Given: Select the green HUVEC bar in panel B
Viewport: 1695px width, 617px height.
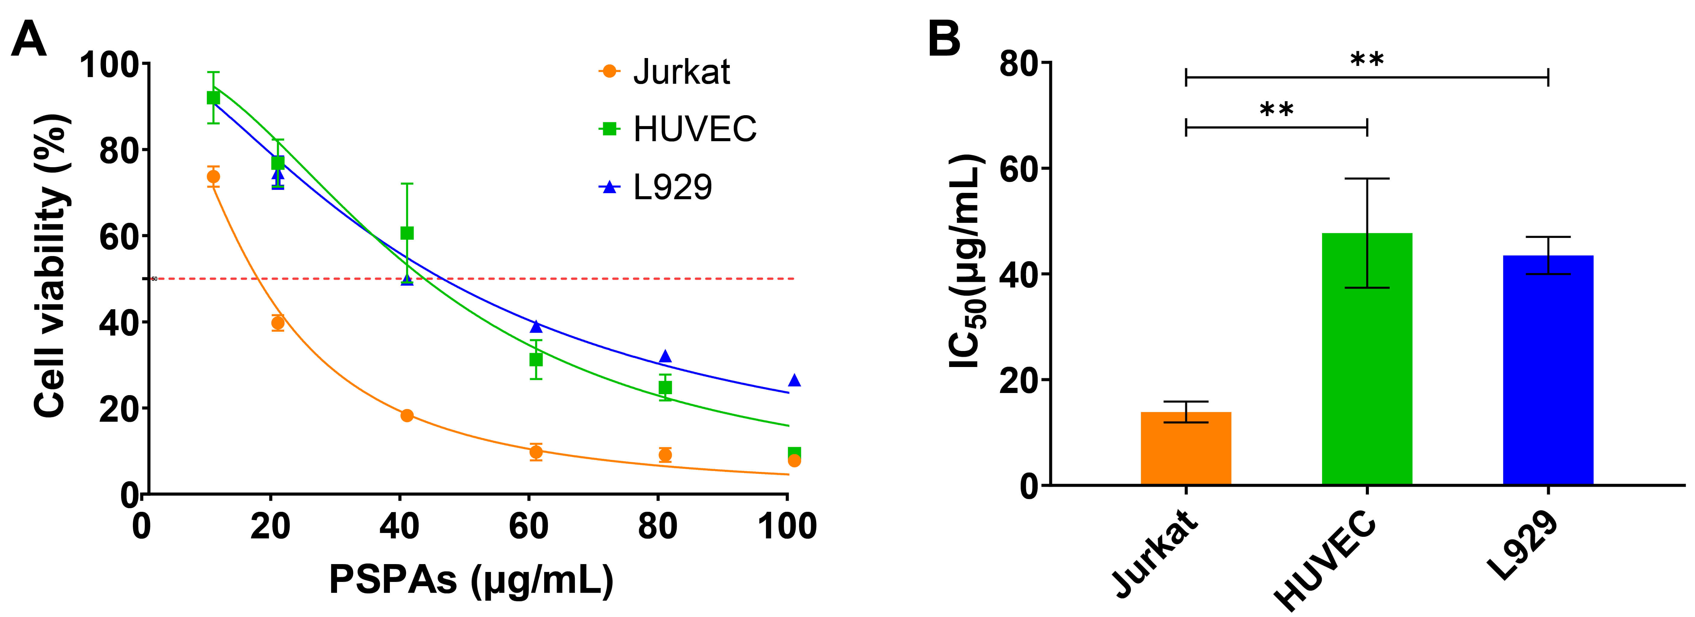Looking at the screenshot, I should coord(1367,359).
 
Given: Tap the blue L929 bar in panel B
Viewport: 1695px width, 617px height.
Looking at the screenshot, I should coord(1548,370).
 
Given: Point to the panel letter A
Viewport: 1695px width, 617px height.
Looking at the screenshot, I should coord(30,40).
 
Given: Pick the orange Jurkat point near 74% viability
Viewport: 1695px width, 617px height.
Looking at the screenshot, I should coord(213,177).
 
